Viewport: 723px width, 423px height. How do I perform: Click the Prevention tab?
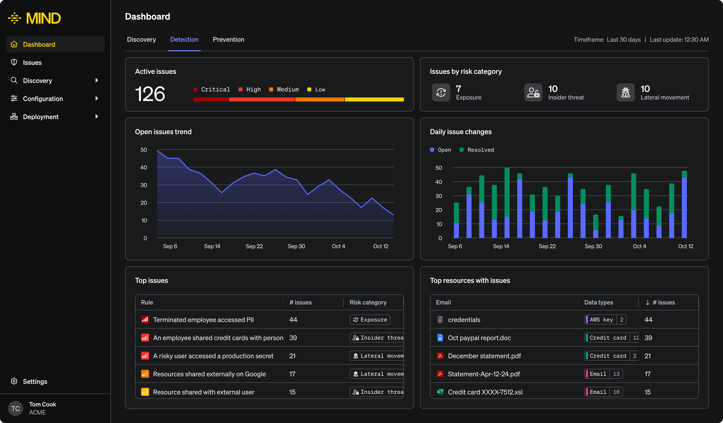pos(228,40)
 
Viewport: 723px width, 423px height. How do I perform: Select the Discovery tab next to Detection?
pos(141,40)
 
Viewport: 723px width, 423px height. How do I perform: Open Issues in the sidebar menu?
pos(32,63)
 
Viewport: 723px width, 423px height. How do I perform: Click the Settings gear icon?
pos(14,381)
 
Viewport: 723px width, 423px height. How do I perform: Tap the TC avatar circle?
pos(15,408)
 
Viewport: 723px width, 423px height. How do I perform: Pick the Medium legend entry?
pos(284,90)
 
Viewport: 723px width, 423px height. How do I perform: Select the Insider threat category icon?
pos(533,92)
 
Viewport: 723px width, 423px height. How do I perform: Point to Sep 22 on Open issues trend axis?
pos(254,246)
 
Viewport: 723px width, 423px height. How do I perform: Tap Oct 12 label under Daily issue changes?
pos(685,246)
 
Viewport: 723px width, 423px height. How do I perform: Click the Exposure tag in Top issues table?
pos(370,320)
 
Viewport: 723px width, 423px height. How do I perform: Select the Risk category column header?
pos(368,302)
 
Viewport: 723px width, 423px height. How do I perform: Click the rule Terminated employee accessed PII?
pos(203,320)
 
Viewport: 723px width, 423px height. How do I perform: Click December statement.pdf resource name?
pos(484,356)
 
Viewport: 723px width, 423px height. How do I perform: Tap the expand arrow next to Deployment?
pos(97,117)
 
